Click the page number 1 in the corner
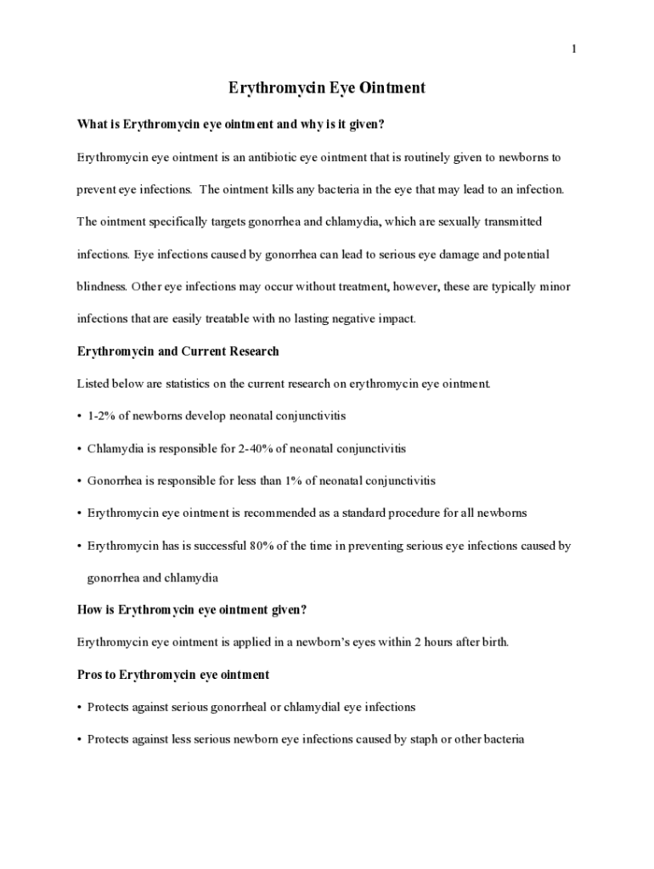[574, 49]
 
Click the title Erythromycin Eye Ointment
[327, 88]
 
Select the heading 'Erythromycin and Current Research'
[178, 351]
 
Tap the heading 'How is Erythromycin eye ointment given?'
[191, 610]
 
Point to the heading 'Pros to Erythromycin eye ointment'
[173, 675]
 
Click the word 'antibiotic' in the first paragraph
[271, 158]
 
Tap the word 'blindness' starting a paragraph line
[102, 287]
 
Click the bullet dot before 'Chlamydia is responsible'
[79, 449]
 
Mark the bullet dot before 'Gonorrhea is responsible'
[79, 481]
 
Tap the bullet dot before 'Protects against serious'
[79, 707]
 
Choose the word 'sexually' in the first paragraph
[445, 222]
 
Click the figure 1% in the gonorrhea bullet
[294, 481]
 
